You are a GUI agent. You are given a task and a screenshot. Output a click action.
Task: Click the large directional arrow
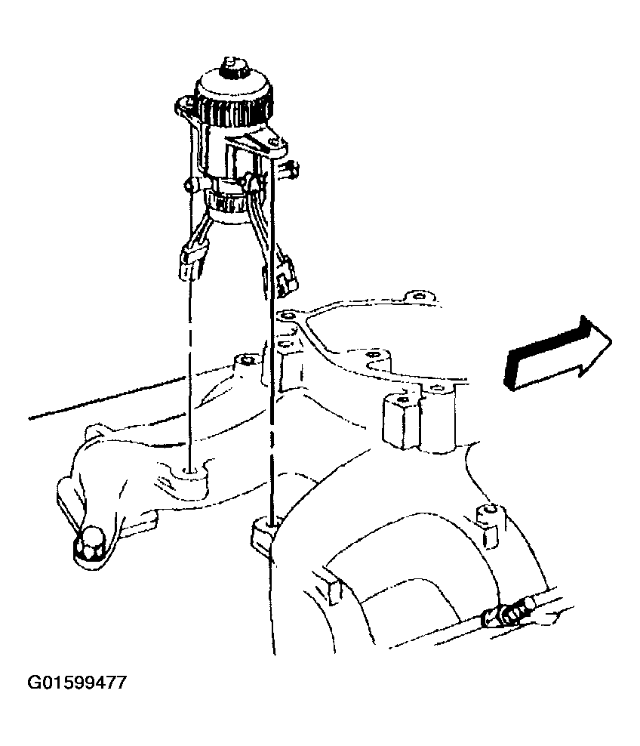[556, 353]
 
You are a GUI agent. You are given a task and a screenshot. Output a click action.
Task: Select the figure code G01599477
[77, 683]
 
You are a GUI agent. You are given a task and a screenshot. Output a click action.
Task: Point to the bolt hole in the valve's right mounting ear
[273, 142]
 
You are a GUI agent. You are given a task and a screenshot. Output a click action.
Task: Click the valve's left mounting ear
[186, 106]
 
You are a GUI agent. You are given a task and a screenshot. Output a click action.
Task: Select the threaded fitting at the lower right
[508, 614]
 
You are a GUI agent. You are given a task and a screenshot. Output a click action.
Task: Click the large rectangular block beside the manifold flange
[401, 418]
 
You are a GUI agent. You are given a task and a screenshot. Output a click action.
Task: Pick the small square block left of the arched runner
[334, 592]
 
